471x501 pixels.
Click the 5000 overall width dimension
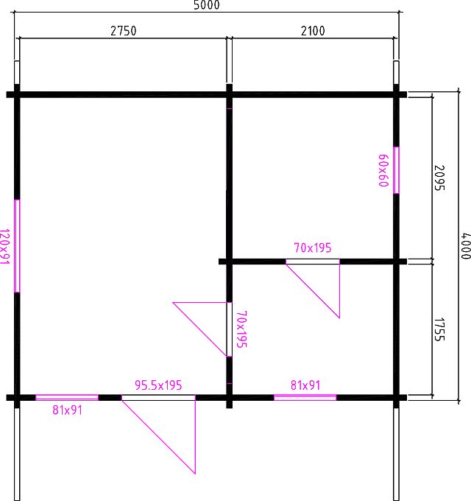click(x=207, y=5)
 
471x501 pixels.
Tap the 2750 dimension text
click(x=124, y=31)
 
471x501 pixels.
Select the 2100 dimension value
click(x=313, y=31)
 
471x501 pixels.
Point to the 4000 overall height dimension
click(x=466, y=245)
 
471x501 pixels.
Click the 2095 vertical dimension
click(x=439, y=178)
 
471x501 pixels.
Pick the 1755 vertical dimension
click(x=439, y=329)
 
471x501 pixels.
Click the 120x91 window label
click(x=5, y=246)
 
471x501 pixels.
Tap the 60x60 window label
click(x=383, y=170)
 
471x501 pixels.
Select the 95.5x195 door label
click(x=158, y=385)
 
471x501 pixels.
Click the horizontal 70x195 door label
click(x=313, y=248)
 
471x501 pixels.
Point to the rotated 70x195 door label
click(x=242, y=329)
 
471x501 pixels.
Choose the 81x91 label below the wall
click(x=67, y=410)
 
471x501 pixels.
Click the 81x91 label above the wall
click(x=305, y=385)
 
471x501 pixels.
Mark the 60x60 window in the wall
click(x=397, y=170)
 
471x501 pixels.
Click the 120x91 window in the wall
click(x=17, y=246)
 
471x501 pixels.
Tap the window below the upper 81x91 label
click(x=305, y=397)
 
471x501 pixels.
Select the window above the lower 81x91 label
click(x=67, y=397)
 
